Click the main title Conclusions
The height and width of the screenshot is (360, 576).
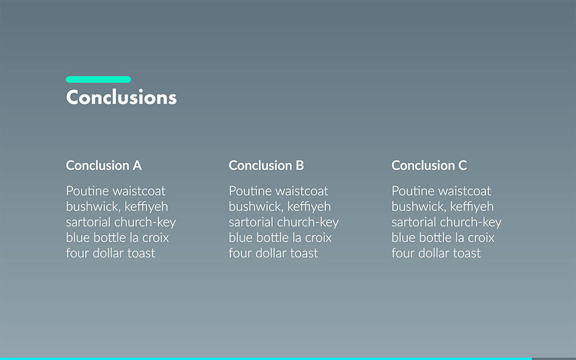[121, 97]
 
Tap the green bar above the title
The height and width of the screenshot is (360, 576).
[98, 79]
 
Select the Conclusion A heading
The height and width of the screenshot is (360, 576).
[104, 165]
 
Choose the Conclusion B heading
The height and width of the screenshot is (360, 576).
[266, 165]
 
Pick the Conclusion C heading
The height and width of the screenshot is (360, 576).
[429, 165]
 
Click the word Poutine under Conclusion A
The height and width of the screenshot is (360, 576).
[88, 191]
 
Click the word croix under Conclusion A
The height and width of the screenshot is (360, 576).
[156, 238]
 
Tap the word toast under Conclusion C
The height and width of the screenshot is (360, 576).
[467, 253]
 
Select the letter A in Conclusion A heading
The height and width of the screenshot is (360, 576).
[137, 165]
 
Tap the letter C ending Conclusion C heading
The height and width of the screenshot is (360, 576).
[463, 165]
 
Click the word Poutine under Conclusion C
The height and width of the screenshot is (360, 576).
[413, 191]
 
